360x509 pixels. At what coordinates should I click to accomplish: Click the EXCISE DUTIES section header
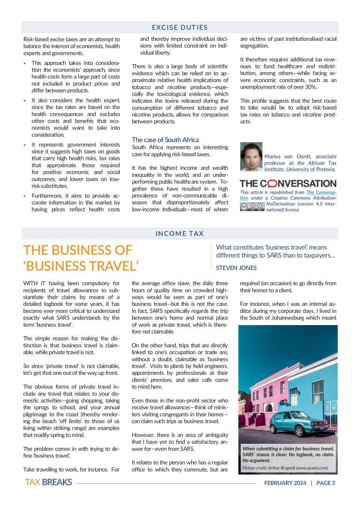click(180, 28)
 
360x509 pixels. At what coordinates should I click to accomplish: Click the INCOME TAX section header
click(180, 233)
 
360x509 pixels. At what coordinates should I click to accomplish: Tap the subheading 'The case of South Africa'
click(165, 140)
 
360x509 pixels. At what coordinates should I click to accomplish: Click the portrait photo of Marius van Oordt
click(251, 157)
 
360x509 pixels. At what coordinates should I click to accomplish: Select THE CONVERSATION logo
click(288, 183)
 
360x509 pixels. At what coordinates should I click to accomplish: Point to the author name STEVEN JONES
click(236, 268)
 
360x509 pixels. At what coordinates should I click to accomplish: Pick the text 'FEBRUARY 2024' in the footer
click(285, 483)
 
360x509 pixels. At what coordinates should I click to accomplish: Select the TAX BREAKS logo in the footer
click(48, 482)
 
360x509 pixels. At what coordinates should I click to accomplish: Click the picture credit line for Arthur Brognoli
click(285, 468)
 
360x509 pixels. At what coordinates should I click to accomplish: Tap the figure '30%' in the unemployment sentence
click(311, 87)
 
